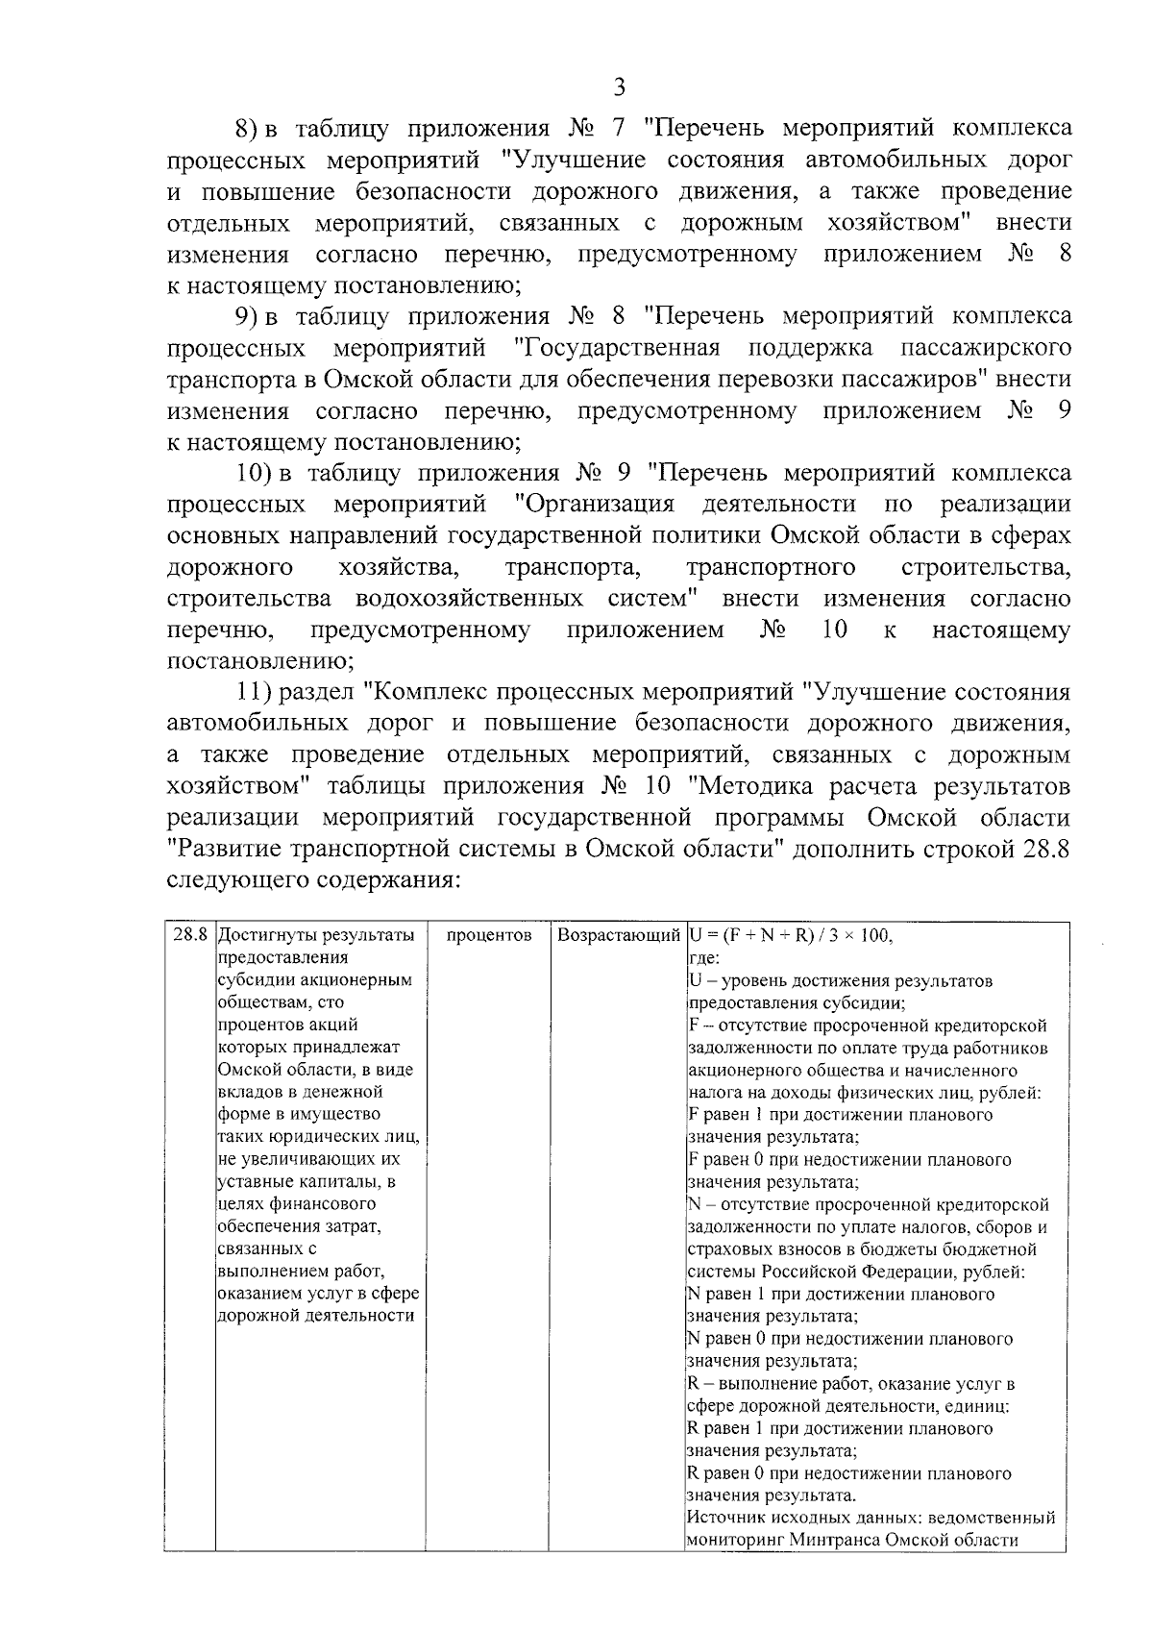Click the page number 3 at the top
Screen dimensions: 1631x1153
pyautogui.click(x=619, y=87)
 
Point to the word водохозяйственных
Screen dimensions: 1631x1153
pyautogui.click(x=469, y=599)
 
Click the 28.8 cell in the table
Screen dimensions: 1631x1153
pyautogui.click(x=190, y=935)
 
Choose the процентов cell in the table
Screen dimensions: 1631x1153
pyautogui.click(x=490, y=935)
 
